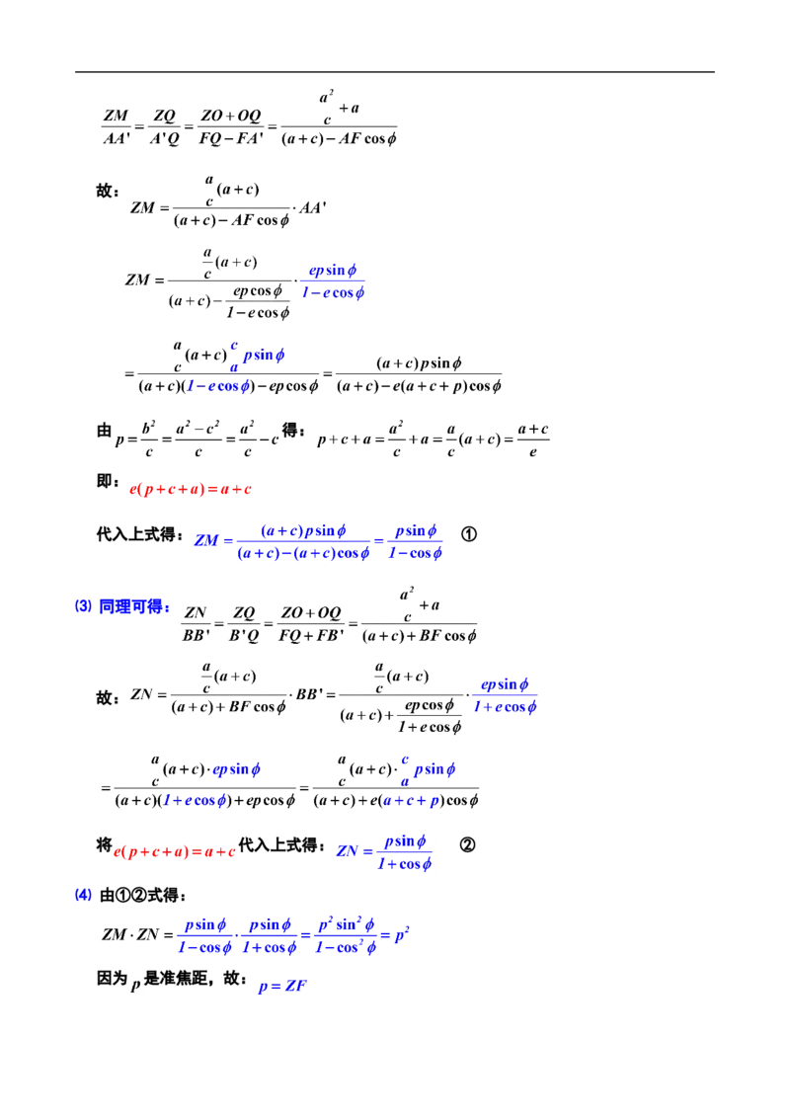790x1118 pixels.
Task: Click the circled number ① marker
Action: (x=468, y=534)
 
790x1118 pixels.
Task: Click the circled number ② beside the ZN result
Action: (x=468, y=844)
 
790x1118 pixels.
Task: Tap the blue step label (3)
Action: (x=83, y=606)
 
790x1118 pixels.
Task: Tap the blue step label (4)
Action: (x=83, y=895)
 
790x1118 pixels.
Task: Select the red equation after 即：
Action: (x=191, y=489)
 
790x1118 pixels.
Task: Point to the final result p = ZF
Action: (x=282, y=986)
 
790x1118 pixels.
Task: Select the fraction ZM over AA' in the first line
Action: (x=117, y=126)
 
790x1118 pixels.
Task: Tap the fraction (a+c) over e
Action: (x=532, y=439)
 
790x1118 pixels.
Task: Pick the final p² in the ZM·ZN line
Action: (x=402, y=934)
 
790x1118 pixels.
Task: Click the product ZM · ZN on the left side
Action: (x=130, y=934)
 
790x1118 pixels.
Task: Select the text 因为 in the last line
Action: (x=113, y=978)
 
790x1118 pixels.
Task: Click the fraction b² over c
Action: (x=148, y=439)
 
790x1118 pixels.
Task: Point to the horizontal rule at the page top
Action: (x=395, y=72)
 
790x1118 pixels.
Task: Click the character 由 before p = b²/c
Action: (x=104, y=431)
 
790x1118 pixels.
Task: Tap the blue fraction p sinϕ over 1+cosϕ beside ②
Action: (x=404, y=852)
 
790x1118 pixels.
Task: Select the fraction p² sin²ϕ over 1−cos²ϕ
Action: (x=346, y=935)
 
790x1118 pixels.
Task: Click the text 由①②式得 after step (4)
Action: (x=142, y=895)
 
